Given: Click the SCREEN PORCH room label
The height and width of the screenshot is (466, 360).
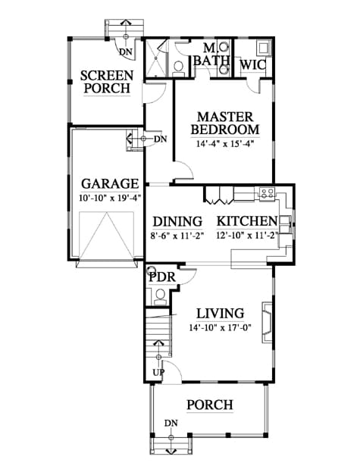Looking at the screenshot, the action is (107, 82).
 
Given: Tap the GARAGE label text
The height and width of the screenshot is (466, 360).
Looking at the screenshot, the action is (110, 183).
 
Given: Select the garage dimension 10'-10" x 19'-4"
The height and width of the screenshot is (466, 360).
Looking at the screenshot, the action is (110, 198).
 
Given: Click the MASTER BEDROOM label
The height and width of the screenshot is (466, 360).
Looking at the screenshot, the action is (225, 123).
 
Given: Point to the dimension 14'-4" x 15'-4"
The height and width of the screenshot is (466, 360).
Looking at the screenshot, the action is (225, 144).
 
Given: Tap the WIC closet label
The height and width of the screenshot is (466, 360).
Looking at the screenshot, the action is (252, 65).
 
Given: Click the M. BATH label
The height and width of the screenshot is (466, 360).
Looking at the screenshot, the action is (211, 55).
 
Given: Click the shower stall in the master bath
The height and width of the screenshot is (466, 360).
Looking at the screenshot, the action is (155, 58).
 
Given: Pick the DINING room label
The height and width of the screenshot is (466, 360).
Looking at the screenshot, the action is (177, 222).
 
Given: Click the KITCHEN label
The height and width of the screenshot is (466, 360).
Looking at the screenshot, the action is (247, 221).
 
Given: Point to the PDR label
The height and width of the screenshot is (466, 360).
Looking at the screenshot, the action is (162, 277).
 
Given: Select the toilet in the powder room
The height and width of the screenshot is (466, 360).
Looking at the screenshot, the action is (160, 296).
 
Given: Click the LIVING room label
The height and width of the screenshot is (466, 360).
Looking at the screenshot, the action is (221, 314).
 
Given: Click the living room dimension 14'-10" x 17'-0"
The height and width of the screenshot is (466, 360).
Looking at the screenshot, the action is (221, 328).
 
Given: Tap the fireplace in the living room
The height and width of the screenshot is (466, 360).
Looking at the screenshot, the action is (266, 323).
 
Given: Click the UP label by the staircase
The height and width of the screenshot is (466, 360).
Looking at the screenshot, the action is (158, 372).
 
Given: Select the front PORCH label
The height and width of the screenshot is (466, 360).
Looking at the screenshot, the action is (210, 405).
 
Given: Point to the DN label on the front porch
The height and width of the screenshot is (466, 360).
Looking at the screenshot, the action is (171, 424).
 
